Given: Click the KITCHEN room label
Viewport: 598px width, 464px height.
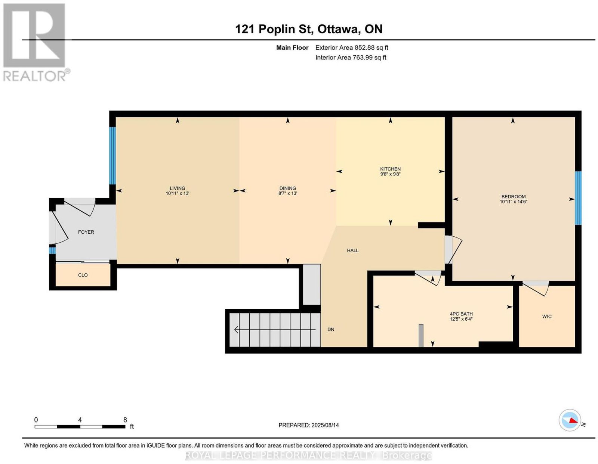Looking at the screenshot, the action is [390, 169].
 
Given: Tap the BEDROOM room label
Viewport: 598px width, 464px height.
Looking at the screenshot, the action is [513, 197].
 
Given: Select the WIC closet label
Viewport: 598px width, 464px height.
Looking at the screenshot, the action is [546, 317].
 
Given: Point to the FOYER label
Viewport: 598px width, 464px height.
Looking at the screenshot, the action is [86, 232].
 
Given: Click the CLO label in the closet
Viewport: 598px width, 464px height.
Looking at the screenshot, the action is [83, 275].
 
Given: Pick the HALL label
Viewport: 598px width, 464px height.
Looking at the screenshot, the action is [352, 250].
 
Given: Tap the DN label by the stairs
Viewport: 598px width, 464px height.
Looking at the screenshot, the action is [330, 329].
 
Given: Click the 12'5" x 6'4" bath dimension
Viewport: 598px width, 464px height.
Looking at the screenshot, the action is [461, 319].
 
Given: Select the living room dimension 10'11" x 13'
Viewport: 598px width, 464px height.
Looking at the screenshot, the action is [177, 193].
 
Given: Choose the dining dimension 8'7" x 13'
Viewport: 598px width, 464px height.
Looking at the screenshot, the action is [287, 193].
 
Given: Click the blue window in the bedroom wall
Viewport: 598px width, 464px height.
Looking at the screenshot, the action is [578, 198].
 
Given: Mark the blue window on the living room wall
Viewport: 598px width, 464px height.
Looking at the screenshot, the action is [112, 156].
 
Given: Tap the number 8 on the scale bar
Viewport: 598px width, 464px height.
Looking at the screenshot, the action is [125, 420].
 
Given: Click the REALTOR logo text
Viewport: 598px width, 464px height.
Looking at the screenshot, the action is [34, 76].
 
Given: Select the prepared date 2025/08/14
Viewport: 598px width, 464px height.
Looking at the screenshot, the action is [325, 425].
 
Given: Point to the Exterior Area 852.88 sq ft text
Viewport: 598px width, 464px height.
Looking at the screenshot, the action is [351, 47].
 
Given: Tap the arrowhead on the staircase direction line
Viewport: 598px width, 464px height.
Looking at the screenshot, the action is [236, 329].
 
